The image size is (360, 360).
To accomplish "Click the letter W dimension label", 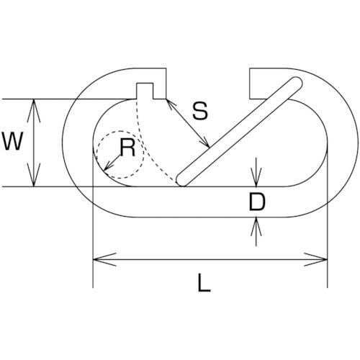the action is (12, 141).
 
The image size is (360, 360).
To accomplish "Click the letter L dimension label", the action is (204, 283).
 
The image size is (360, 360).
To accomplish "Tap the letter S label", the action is (200, 111).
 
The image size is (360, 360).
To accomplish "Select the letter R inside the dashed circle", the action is (127, 148).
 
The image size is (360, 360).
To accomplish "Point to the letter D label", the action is (257, 202).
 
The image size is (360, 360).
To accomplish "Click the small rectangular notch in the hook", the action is (145, 91).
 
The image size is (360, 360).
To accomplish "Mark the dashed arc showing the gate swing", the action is (145, 147).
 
